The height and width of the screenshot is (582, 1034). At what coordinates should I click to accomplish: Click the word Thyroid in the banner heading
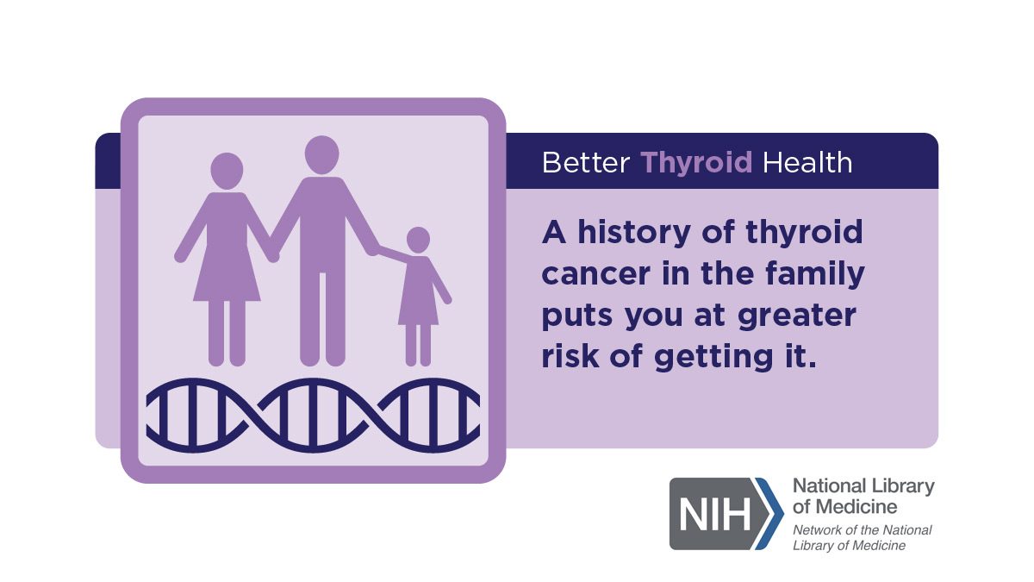pos(696,163)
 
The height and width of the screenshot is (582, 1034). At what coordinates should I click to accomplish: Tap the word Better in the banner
pos(586,163)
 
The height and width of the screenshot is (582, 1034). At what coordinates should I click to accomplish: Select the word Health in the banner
pos(807,163)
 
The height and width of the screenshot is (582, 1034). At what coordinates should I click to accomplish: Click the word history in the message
pos(634,233)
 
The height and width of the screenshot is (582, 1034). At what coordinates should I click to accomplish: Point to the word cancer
pos(596,274)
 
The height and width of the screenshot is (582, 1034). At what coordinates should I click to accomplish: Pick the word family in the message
pos(815,274)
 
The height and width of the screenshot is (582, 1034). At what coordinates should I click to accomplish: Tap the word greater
pos(797,316)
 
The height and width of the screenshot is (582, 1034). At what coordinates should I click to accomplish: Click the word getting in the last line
pos(713,358)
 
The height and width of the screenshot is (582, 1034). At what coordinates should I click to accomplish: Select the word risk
pos(570,356)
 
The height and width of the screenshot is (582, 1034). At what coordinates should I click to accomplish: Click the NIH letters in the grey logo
pos(715,515)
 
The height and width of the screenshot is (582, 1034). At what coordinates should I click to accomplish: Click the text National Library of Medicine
pos(863,497)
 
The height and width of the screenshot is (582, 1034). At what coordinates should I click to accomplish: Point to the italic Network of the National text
pos(863,529)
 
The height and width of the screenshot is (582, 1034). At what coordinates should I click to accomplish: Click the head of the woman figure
pos(227,171)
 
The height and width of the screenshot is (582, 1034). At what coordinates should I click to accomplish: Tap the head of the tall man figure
pos(321,154)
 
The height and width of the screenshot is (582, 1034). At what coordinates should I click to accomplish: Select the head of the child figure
pos(418,241)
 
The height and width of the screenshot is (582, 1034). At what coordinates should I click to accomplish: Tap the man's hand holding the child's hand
pos(375,249)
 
